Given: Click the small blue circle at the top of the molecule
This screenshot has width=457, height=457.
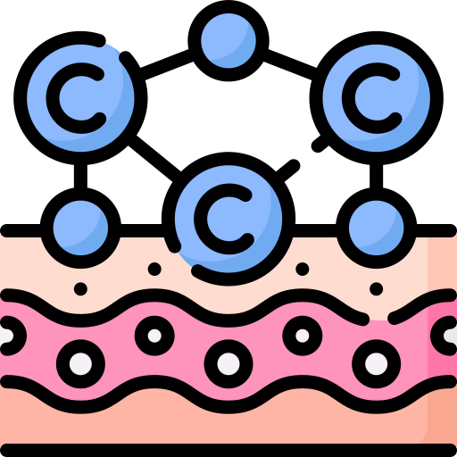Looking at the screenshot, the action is (x=228, y=40).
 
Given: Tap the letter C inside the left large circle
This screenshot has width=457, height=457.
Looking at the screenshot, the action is (x=54, y=98).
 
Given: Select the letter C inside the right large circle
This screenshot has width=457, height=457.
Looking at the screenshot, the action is (x=349, y=98).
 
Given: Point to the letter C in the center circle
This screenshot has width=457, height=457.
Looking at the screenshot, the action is (x=201, y=219).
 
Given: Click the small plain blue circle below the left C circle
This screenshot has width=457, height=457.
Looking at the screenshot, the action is (x=80, y=228).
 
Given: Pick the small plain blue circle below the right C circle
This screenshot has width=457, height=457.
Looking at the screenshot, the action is (x=376, y=228).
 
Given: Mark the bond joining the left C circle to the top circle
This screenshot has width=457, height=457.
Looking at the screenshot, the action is (x=167, y=64).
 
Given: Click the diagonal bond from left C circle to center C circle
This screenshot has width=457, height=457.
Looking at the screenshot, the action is (x=154, y=158).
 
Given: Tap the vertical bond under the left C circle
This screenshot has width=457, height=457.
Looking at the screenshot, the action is (x=80, y=176).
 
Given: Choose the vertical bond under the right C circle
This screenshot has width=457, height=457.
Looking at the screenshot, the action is (x=376, y=176).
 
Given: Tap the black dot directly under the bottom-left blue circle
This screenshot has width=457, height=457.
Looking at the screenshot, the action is (x=80, y=288).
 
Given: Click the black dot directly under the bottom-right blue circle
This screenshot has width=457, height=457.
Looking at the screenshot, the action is (x=376, y=288).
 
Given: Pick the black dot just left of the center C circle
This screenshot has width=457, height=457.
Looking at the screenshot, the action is (x=154, y=269).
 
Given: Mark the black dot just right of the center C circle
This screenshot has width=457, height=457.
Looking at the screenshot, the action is (x=303, y=269).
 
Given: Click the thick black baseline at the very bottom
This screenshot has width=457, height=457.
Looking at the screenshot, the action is (x=228, y=450).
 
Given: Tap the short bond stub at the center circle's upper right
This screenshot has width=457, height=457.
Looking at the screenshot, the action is (x=288, y=170).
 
